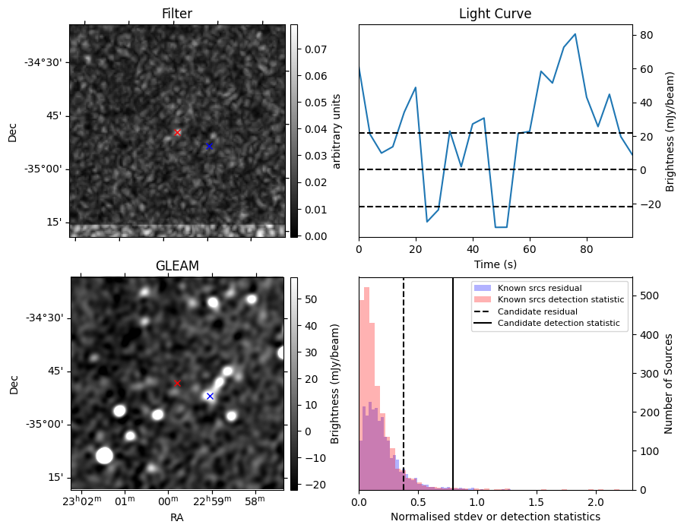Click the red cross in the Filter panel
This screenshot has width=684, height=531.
tap(177, 132)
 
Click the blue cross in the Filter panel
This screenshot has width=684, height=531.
tap(210, 146)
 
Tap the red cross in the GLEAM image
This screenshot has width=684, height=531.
tap(177, 383)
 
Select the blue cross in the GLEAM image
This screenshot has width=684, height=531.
tap(210, 396)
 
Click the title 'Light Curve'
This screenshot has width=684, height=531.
tap(495, 14)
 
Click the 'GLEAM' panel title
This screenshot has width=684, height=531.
tap(177, 266)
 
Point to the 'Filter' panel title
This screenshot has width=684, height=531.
tap(177, 14)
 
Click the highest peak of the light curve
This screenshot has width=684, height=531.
tap(575, 34)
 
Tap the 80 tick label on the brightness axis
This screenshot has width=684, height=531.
tap(647, 35)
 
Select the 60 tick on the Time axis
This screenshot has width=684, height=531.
tap(530, 249)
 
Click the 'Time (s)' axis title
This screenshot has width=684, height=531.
tap(495, 264)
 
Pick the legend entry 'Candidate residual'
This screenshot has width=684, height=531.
tap(537, 311)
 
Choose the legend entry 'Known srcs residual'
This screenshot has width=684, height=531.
tap(540, 288)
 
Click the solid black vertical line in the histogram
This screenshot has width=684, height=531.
tap(453, 384)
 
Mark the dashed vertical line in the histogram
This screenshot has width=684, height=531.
tap(404, 384)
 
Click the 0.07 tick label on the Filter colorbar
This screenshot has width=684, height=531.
tap(316, 49)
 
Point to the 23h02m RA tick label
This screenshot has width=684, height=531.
tap(81, 501)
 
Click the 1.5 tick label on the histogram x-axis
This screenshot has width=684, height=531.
tap(536, 502)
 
